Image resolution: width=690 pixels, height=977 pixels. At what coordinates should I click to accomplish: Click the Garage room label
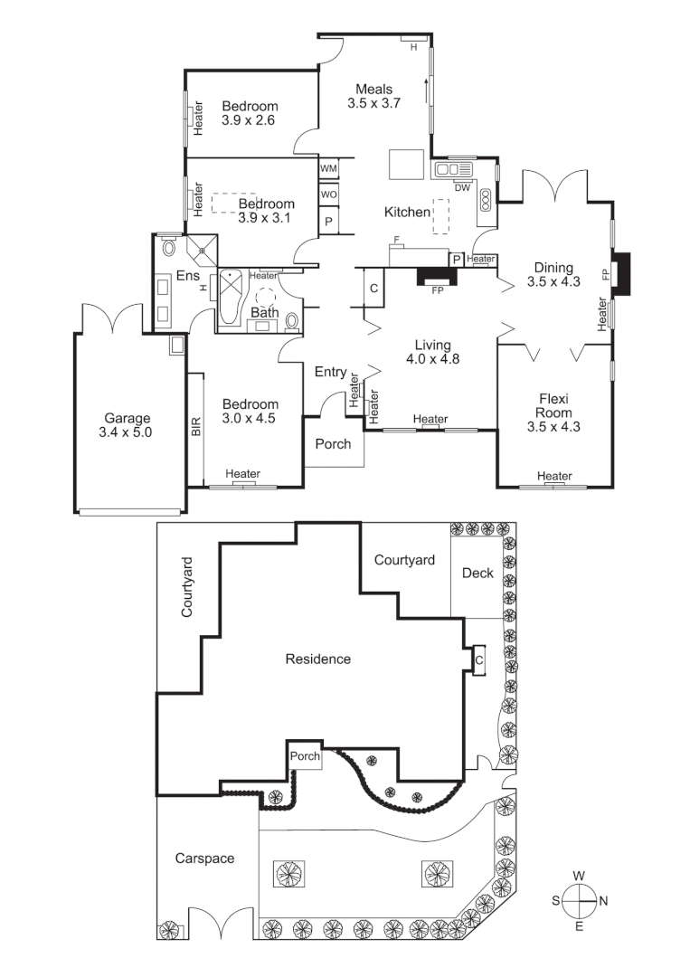point(128,425)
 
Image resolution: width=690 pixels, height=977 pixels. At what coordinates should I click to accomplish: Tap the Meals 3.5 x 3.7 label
point(373,96)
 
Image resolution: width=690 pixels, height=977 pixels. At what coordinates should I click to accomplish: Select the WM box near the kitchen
point(328,169)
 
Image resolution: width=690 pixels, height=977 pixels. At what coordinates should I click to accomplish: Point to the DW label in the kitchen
point(462,187)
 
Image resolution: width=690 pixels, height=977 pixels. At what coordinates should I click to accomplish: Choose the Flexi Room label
point(553,412)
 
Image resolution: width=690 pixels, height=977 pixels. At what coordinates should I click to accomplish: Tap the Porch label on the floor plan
point(333,444)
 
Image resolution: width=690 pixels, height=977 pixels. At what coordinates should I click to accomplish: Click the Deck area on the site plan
point(477,574)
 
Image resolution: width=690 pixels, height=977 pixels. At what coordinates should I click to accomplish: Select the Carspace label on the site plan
point(205,858)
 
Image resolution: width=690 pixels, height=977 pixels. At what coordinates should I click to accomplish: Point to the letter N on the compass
point(603,901)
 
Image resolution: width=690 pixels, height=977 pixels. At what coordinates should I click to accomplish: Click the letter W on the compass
point(579,876)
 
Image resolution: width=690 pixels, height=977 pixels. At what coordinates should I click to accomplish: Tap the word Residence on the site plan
point(317,659)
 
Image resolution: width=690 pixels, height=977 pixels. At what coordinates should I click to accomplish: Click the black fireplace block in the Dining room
point(621,274)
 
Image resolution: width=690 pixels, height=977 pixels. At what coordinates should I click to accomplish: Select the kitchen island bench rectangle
point(407,166)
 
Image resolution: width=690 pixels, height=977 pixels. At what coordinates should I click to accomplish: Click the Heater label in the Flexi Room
point(553,476)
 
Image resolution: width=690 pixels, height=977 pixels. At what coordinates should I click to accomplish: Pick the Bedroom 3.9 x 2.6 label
point(250,112)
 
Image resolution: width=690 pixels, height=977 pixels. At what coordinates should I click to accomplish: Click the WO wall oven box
point(328,195)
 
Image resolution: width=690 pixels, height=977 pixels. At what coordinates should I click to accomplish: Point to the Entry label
point(330,372)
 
